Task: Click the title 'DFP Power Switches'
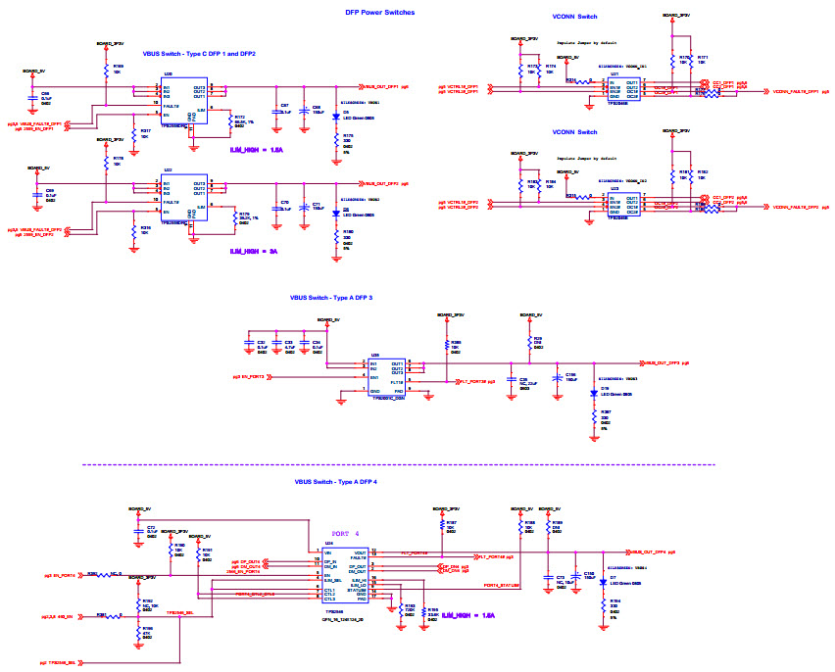click(x=379, y=12)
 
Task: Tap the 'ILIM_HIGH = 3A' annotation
click(x=254, y=252)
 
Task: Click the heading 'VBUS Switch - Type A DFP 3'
click(x=345, y=297)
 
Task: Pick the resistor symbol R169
click(x=106, y=72)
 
